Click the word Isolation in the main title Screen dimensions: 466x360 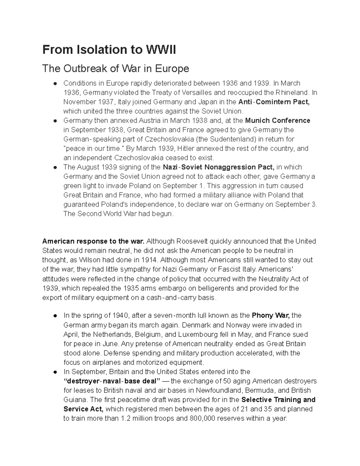pyautogui.click(x=99, y=50)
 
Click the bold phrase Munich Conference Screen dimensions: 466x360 pyautogui.click(x=277, y=121)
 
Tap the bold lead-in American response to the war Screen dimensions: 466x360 pyautogui.click(x=93, y=241)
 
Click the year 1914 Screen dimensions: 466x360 pyautogui.click(x=149, y=260)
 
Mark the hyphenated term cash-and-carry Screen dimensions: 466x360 pyautogui.click(x=184, y=298)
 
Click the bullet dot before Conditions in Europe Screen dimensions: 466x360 pyautogui.click(x=55, y=83)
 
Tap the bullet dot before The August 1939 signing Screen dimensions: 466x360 pyautogui.click(x=55, y=167)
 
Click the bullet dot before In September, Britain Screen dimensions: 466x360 pyautogui.click(x=55, y=372)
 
